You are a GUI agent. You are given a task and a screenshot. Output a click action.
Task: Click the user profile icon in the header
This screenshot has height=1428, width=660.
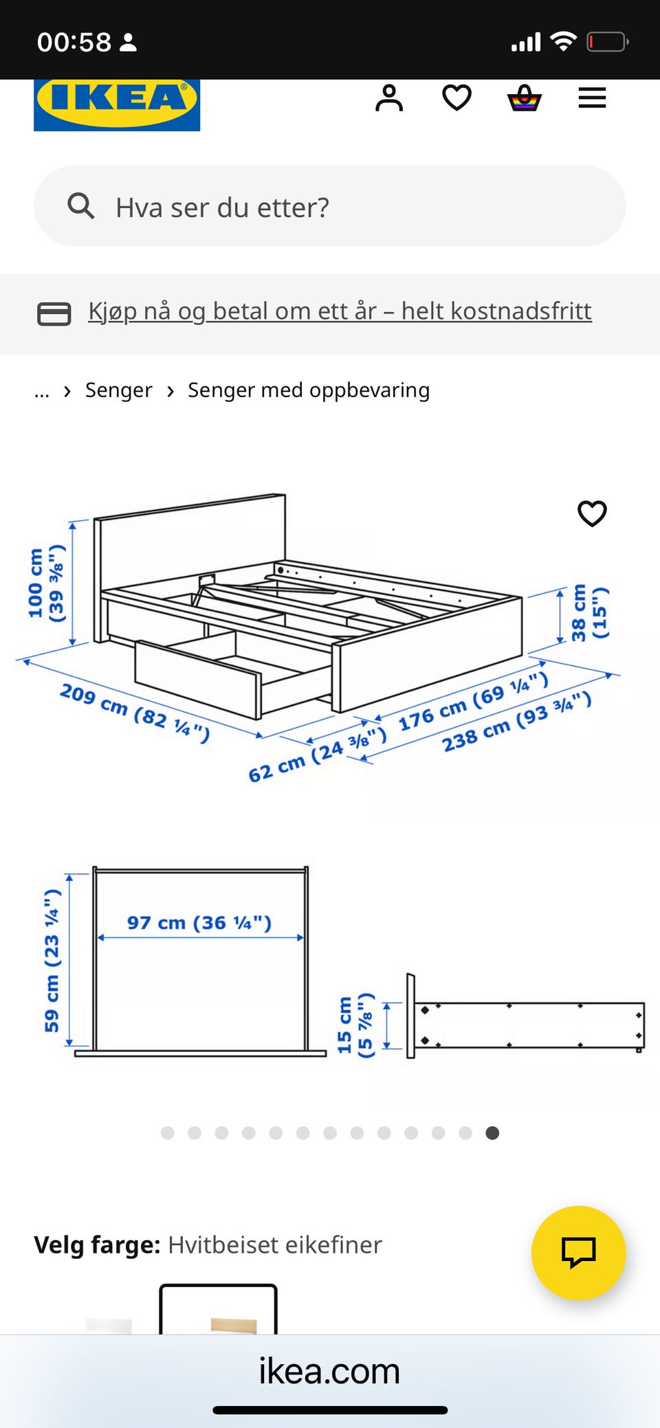(x=389, y=98)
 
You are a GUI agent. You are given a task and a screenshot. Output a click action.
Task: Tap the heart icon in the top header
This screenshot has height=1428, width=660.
(x=456, y=98)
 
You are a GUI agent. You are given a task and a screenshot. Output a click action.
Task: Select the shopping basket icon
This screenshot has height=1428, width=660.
(x=525, y=98)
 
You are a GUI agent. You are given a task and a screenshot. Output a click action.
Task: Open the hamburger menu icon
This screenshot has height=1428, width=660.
(x=592, y=98)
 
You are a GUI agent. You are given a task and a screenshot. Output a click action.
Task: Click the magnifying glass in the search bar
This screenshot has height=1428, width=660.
(x=80, y=205)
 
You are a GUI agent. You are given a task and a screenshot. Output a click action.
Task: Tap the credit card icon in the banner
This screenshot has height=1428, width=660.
(x=54, y=313)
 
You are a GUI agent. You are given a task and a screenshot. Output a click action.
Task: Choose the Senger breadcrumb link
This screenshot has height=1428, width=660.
(x=118, y=390)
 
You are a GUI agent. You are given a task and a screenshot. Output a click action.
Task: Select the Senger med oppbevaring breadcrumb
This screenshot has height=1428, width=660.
(x=309, y=390)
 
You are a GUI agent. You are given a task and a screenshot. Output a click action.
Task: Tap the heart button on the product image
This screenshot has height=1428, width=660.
(x=592, y=513)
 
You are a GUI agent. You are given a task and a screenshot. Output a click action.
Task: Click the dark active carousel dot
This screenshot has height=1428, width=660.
(x=492, y=1133)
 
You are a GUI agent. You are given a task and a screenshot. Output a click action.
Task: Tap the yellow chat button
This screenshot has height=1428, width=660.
(x=579, y=1253)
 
